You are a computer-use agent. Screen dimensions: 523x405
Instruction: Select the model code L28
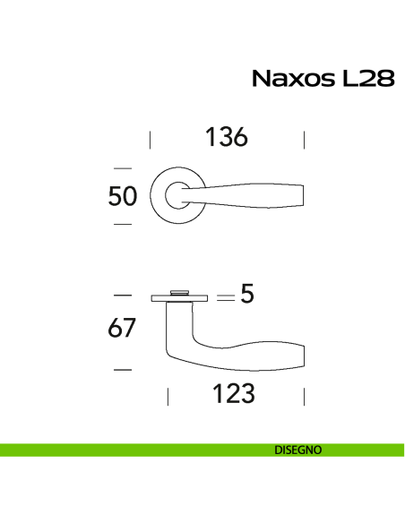point(367,79)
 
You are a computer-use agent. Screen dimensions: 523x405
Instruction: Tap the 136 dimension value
point(226,138)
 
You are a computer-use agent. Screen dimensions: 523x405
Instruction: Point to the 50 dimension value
point(123,195)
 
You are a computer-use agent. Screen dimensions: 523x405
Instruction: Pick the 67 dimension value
point(123,329)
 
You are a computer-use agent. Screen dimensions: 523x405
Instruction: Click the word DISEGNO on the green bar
point(299,450)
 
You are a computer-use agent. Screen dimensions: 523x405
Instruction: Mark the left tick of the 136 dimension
point(150,139)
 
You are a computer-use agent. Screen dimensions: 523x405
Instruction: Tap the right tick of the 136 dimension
point(305,139)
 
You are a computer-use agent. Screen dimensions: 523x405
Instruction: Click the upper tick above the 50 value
point(123,167)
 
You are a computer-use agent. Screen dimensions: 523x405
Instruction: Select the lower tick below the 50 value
point(123,223)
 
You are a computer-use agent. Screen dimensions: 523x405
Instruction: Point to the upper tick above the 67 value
point(123,295)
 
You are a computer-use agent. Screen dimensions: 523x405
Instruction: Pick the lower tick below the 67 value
point(123,368)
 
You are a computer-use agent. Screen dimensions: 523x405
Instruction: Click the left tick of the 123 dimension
point(168,395)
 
